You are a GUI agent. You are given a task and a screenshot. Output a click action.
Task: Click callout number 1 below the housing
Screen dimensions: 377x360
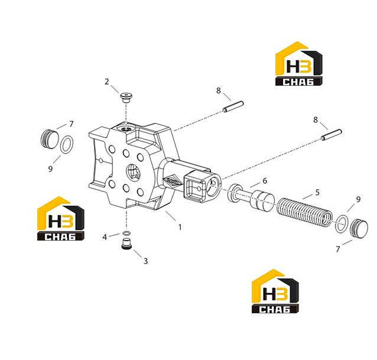click(x=180, y=227)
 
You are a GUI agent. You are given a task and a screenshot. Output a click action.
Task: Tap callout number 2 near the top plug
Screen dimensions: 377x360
click(x=107, y=82)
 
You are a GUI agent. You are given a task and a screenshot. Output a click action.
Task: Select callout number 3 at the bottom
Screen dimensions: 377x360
click(x=146, y=261)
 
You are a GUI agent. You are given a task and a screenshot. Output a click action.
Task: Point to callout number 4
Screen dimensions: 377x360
click(x=105, y=237)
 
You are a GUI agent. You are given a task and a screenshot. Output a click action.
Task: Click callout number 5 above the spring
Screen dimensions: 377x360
click(x=317, y=192)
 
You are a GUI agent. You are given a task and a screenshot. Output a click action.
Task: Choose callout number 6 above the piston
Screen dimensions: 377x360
click(x=265, y=181)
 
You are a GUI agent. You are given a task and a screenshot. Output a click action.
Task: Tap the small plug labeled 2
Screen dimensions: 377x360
click(x=126, y=98)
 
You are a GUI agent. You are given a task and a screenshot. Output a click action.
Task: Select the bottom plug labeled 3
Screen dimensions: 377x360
click(x=126, y=244)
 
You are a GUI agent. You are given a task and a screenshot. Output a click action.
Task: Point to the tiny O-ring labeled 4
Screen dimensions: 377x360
click(x=126, y=233)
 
